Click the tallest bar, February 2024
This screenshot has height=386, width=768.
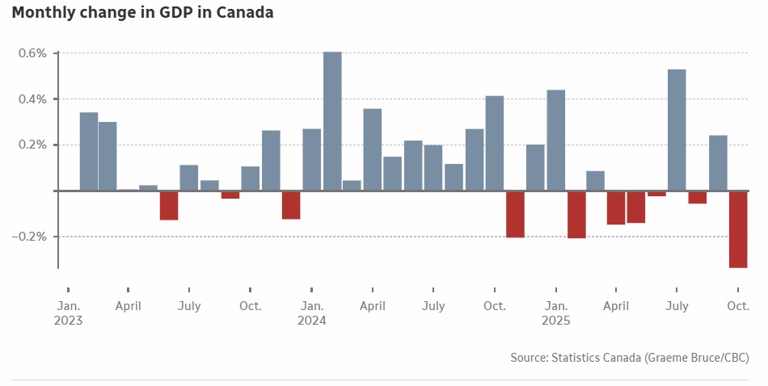[x=332, y=121]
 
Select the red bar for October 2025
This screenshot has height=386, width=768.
[x=738, y=229]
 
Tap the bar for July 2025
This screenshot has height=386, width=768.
[x=677, y=130]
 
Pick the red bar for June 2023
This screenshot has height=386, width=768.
[x=169, y=205]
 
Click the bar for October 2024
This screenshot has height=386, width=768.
[x=495, y=143]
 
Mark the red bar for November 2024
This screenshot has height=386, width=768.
[x=515, y=214]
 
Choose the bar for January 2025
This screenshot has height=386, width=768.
[x=556, y=140]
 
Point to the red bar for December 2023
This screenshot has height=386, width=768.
[x=291, y=205]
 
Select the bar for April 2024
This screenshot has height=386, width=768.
[x=373, y=149]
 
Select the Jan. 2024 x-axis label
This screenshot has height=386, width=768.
[x=312, y=313]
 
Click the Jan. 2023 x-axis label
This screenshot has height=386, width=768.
[x=69, y=313]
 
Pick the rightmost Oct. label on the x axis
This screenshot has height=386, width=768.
[x=738, y=306]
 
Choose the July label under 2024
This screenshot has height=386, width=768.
[x=433, y=306]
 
